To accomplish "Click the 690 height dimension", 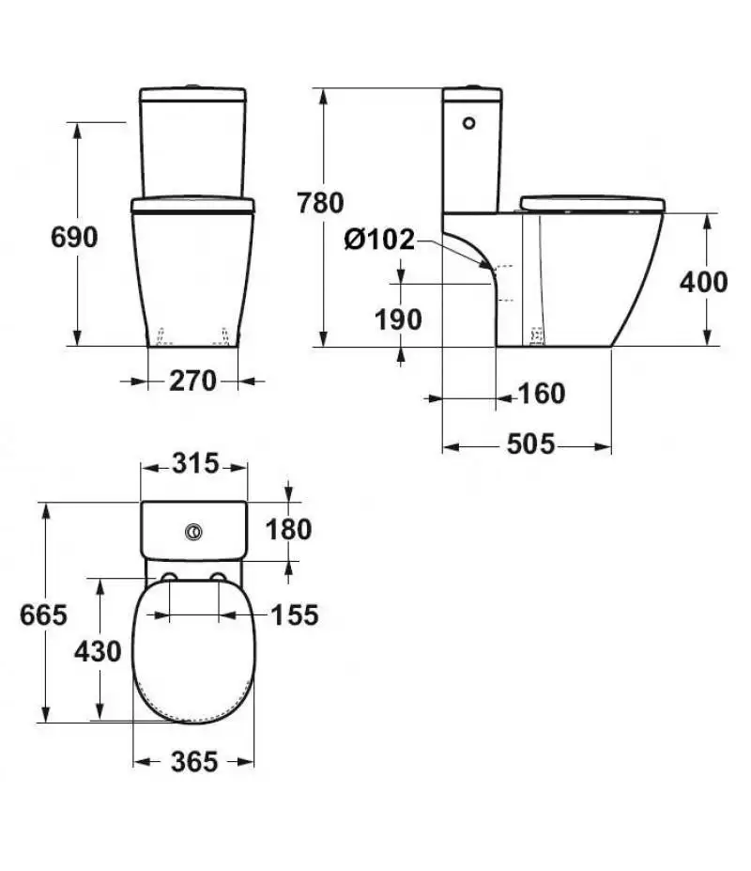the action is [x=74, y=237].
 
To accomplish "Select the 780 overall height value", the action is [x=320, y=203].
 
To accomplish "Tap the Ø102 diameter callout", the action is [x=379, y=240].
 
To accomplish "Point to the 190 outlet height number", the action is [x=398, y=319].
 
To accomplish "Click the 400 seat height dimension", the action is [x=703, y=282].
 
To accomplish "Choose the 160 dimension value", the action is [x=541, y=394].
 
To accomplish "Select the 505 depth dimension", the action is [x=530, y=443].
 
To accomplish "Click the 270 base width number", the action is [x=192, y=381].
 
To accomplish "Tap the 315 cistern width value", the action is [x=195, y=463].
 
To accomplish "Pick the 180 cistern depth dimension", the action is [x=288, y=529].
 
